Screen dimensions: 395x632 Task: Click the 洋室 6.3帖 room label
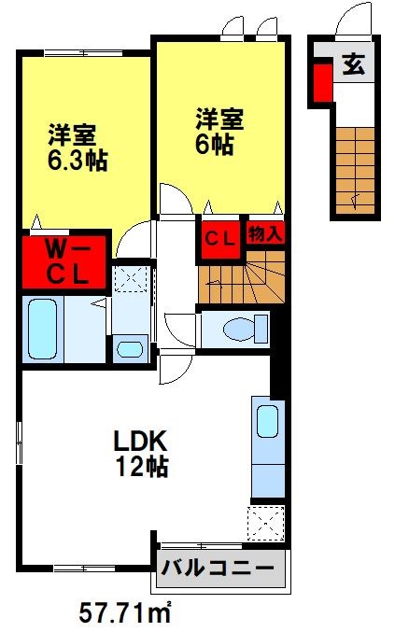[x=78, y=147]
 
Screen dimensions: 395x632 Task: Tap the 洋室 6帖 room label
[x=219, y=132]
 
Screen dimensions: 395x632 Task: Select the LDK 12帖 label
[x=141, y=454]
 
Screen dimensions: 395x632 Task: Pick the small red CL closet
[x=220, y=239]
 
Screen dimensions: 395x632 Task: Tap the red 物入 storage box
[x=265, y=232]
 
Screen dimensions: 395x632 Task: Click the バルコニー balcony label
[x=218, y=569]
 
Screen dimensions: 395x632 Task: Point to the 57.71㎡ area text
[x=125, y=613]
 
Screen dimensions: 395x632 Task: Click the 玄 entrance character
[x=354, y=64]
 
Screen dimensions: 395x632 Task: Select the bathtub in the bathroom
[x=42, y=329]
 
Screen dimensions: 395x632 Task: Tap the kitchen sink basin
[x=268, y=421]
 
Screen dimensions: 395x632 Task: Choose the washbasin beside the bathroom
[x=130, y=349]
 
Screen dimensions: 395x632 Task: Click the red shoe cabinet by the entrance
[x=323, y=82]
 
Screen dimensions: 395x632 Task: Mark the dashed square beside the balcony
[x=265, y=523]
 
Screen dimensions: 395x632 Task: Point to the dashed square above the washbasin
[x=132, y=278]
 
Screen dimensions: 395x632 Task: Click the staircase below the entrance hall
[x=355, y=170]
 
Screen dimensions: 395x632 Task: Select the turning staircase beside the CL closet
[x=242, y=277]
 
